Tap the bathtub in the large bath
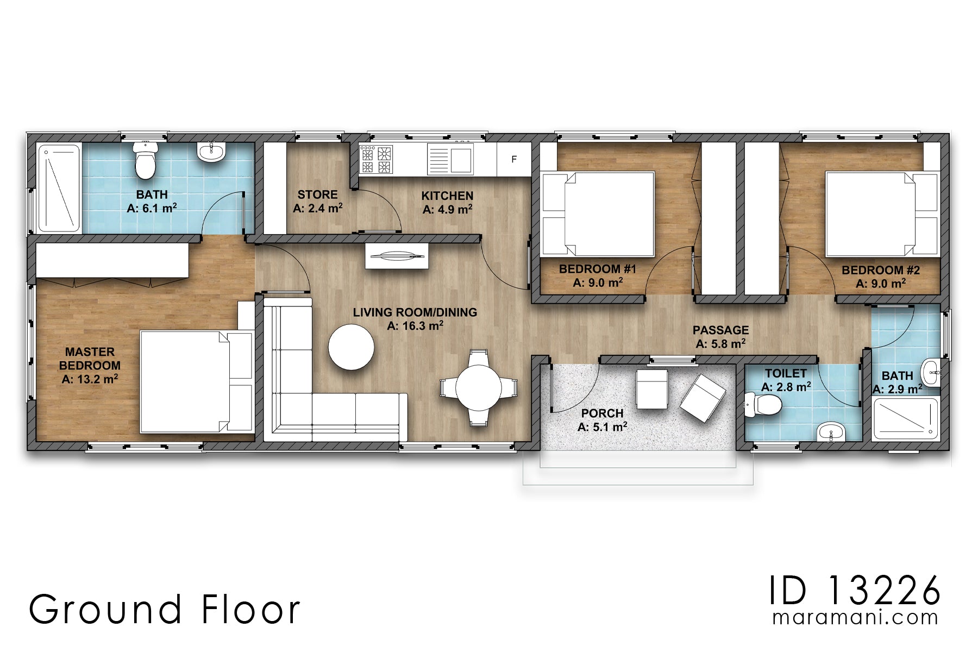tap(59, 188)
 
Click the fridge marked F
tap(514, 160)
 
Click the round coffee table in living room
tap(352, 347)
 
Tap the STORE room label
tap(318, 195)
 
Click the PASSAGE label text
tap(720, 330)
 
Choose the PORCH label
tap(602, 413)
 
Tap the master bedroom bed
tap(197, 381)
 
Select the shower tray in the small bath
tap(905, 419)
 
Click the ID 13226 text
tap(854, 591)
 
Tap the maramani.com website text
tap(855, 618)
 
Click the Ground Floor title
tap(164, 609)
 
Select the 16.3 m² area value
tap(415, 326)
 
